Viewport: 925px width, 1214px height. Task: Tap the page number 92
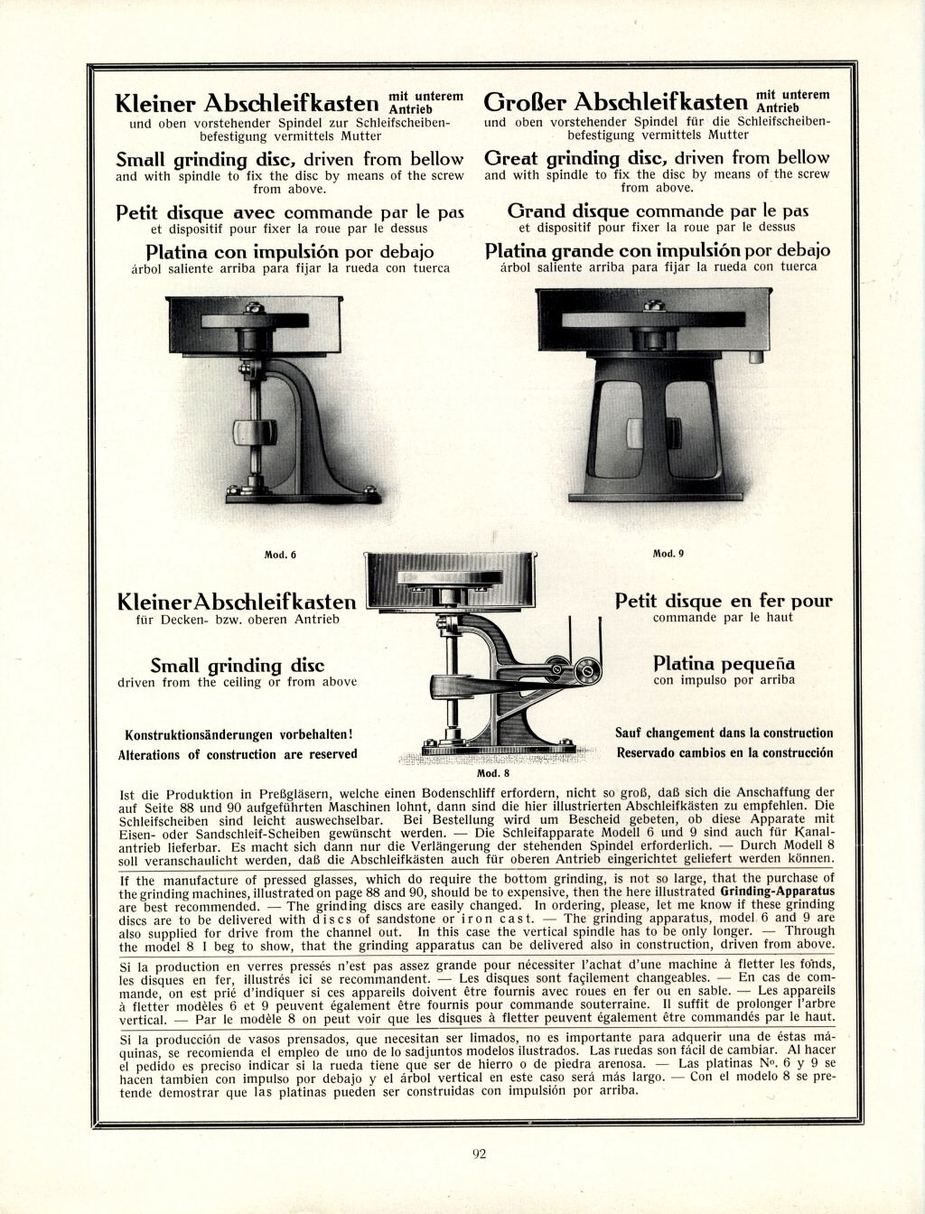(480, 1152)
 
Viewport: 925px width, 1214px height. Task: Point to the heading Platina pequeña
(724, 664)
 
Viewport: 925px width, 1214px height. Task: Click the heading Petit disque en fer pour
(724, 601)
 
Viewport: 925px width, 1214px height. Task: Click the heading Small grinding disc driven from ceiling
(237, 667)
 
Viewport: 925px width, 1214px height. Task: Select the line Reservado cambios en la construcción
(724, 752)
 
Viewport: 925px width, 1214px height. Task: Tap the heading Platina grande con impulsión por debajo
(658, 250)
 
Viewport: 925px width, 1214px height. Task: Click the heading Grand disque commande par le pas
(658, 211)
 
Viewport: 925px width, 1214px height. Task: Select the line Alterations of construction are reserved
(238, 754)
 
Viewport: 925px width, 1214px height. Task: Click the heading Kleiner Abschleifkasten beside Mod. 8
(238, 602)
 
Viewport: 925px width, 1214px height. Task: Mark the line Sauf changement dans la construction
(724, 733)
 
